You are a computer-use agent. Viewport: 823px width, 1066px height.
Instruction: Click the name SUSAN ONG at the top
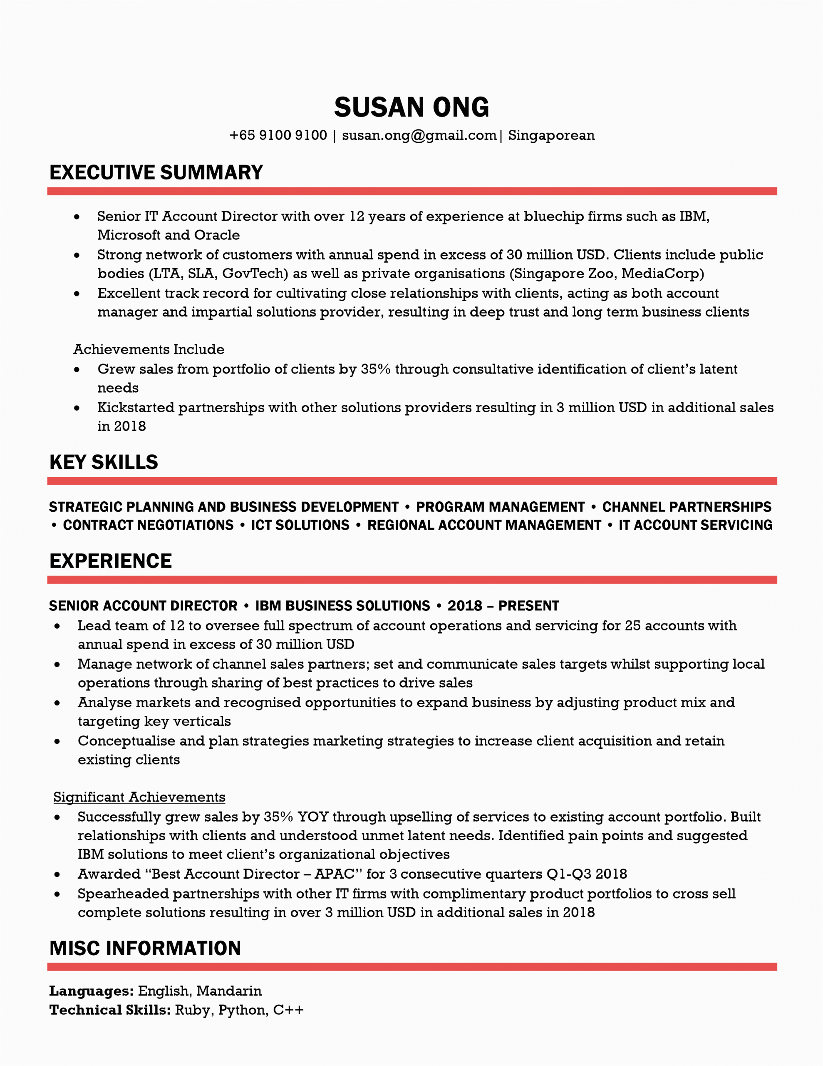[x=411, y=107]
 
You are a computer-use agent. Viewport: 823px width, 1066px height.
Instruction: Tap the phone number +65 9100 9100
[x=278, y=135]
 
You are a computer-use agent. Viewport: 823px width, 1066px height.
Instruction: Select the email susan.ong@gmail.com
[x=419, y=135]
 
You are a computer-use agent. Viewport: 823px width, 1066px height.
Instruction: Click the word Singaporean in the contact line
[x=551, y=135]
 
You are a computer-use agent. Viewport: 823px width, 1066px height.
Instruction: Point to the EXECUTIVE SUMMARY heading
[x=156, y=173]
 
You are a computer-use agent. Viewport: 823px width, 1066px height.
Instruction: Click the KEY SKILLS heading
[x=104, y=462]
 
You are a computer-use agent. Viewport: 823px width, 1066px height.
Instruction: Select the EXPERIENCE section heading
[x=111, y=561]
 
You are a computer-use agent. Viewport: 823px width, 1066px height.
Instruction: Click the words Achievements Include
[x=149, y=349]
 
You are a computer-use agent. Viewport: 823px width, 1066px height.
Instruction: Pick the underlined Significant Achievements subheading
[x=139, y=797]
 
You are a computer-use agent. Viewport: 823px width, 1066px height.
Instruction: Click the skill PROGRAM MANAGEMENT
[x=500, y=507]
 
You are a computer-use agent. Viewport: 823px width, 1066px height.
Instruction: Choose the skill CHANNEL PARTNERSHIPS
[x=687, y=507]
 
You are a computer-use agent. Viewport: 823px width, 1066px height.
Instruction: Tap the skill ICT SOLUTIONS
[x=300, y=525]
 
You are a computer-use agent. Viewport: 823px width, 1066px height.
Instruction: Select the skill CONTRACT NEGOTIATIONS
[x=148, y=525]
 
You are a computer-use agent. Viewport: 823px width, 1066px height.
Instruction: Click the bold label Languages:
[x=91, y=991]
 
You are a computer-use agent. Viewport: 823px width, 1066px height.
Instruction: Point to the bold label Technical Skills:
[x=110, y=1010]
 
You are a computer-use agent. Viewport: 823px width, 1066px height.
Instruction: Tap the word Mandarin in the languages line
[x=229, y=991]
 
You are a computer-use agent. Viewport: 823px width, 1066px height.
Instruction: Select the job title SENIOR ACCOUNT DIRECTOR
[x=143, y=606]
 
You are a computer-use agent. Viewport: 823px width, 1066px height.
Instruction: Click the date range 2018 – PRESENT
[x=503, y=606]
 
